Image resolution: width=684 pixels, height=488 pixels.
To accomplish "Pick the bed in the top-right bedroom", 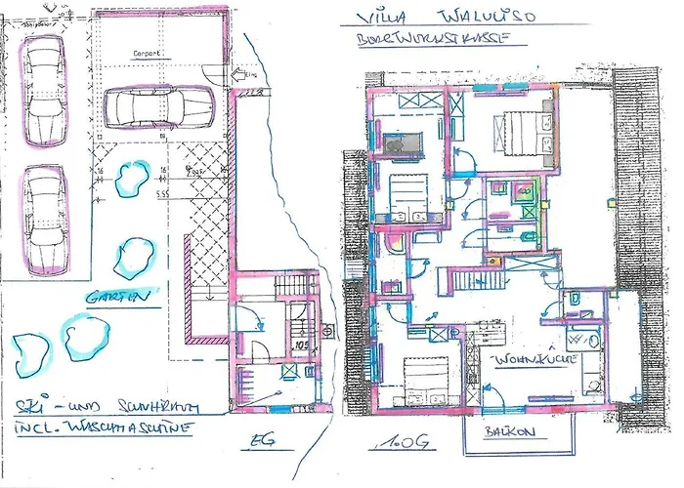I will coord(520,133).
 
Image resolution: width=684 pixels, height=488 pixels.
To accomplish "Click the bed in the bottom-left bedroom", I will coord(423,381).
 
